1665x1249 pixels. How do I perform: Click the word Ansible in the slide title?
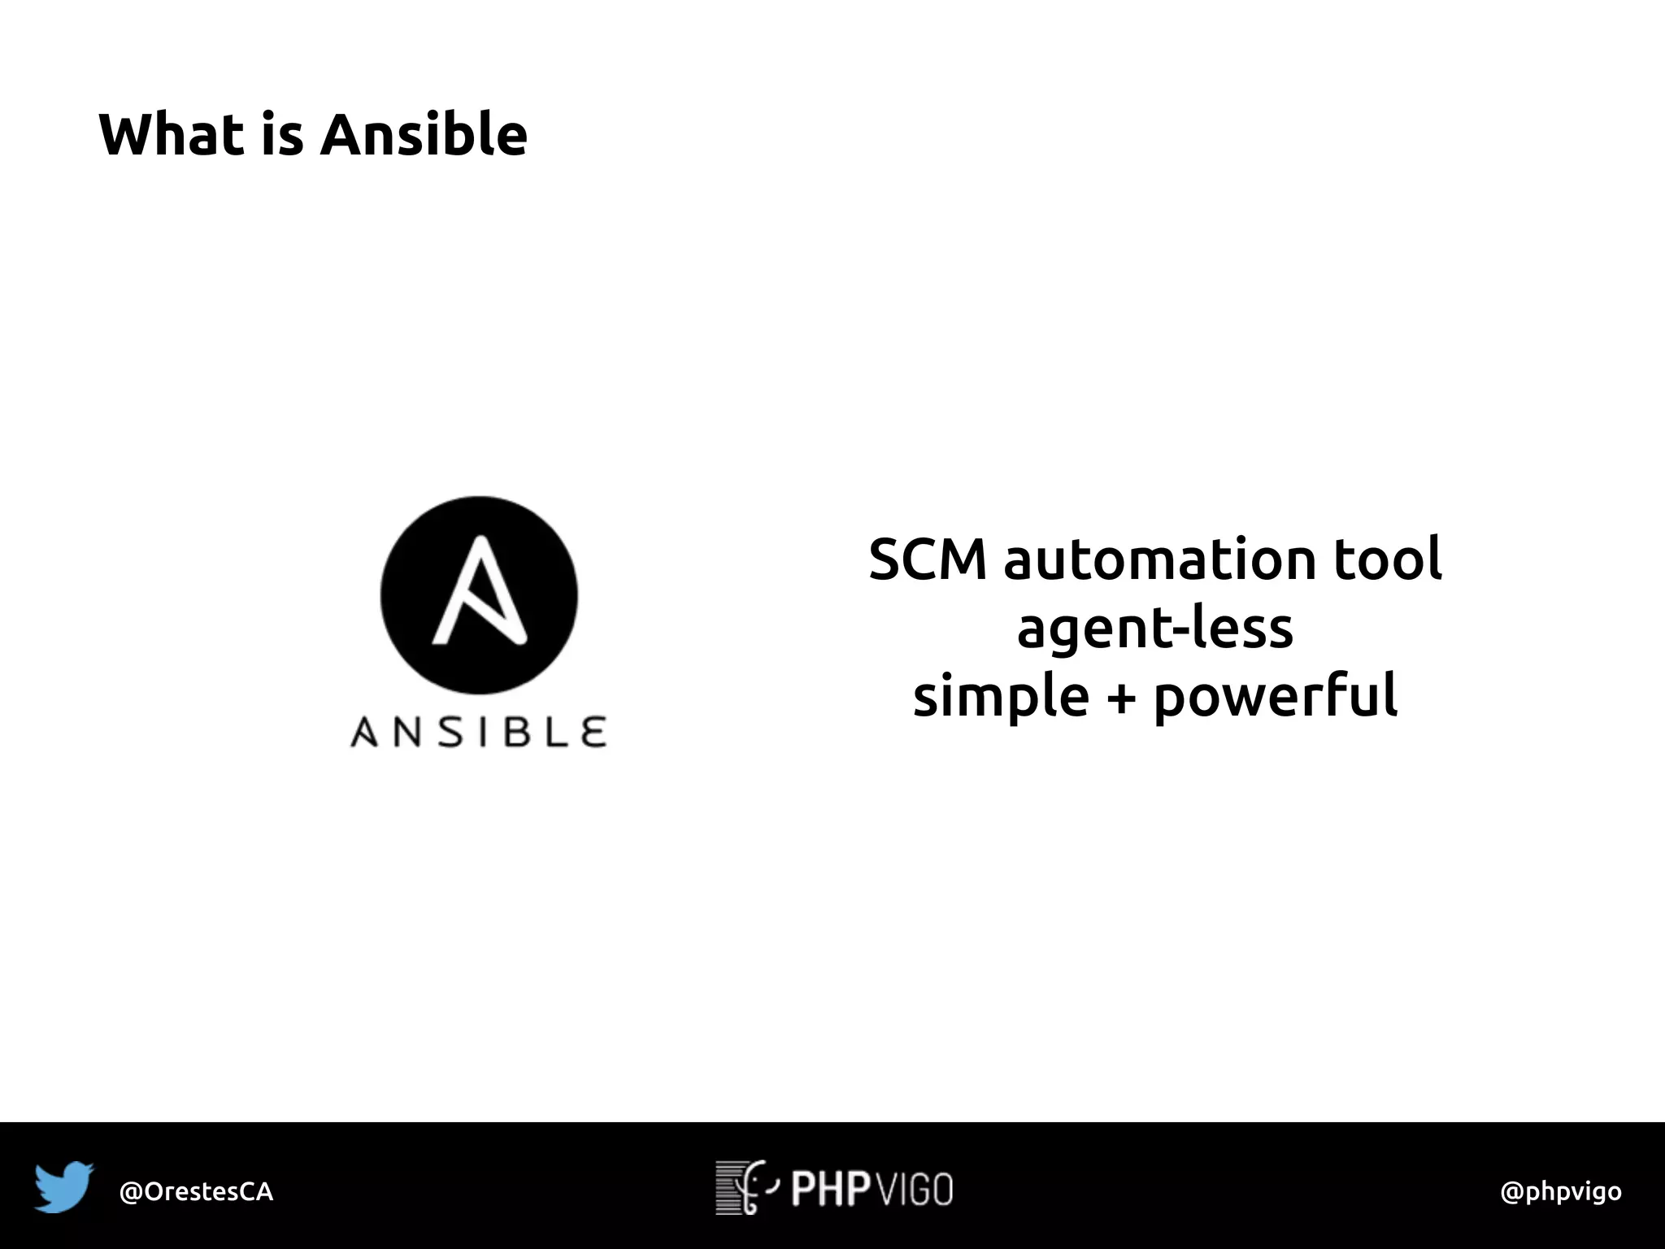pyautogui.click(x=424, y=134)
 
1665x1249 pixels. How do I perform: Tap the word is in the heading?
pyautogui.click(x=282, y=134)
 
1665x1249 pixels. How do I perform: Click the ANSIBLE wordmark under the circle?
pyautogui.click(x=478, y=732)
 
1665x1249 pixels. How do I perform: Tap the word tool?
pyautogui.click(x=1387, y=559)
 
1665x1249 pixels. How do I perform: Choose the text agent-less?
pyautogui.click(x=1154, y=629)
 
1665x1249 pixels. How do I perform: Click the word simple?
pyautogui.click(x=1001, y=696)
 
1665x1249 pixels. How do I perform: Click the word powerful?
pyautogui.click(x=1275, y=696)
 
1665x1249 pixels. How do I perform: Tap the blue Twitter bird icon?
pyautogui.click(x=63, y=1186)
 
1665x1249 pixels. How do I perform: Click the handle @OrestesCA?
pyautogui.click(x=196, y=1191)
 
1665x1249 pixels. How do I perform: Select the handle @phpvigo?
pyautogui.click(x=1560, y=1191)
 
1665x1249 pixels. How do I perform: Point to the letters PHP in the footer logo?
pyautogui.click(x=831, y=1189)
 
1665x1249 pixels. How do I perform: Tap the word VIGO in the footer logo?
pyautogui.click(x=915, y=1189)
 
